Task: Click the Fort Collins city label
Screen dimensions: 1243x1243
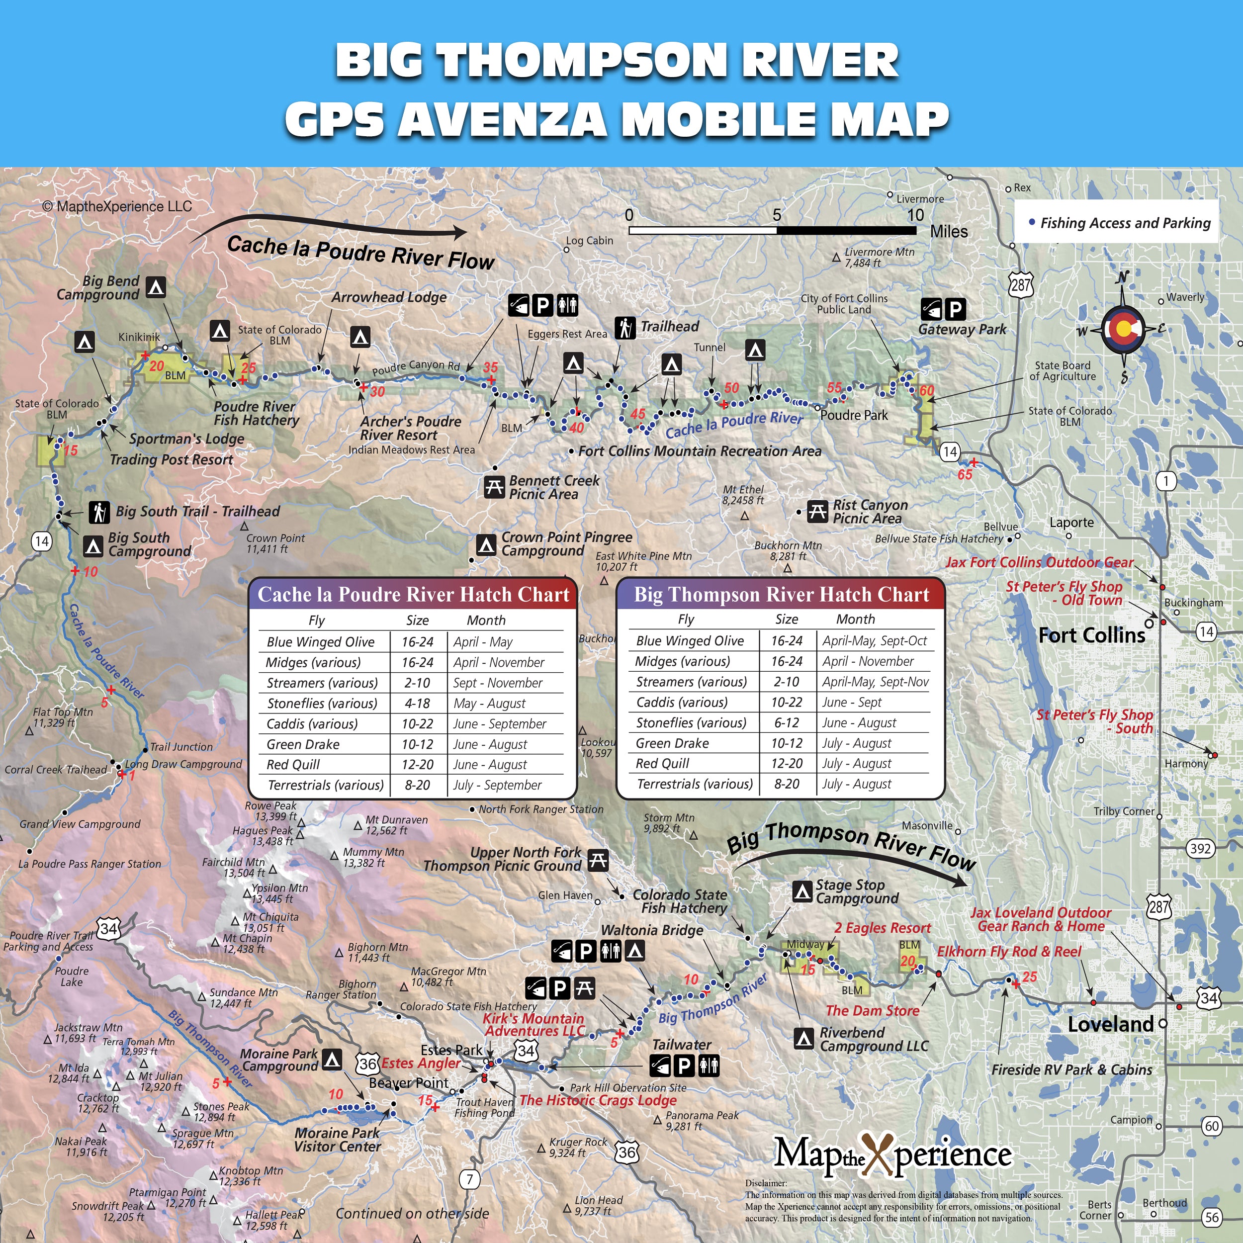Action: pyautogui.click(x=1092, y=635)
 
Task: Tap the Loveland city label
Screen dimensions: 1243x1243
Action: pyautogui.click(x=1110, y=1024)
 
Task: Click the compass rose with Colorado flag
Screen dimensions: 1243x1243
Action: pyautogui.click(x=1123, y=329)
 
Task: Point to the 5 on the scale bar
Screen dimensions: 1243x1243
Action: pyautogui.click(x=777, y=215)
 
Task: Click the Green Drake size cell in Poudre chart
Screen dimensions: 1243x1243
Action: pyautogui.click(x=417, y=744)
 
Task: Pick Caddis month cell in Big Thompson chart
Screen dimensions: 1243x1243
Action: pyautogui.click(x=851, y=703)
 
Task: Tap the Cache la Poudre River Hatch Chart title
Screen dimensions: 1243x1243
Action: pyautogui.click(x=413, y=595)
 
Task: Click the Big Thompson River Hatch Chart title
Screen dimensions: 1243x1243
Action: pyautogui.click(x=781, y=595)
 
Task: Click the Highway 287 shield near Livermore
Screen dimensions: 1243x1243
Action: pyautogui.click(x=1020, y=284)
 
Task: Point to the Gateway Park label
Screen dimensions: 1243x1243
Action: pyautogui.click(x=962, y=330)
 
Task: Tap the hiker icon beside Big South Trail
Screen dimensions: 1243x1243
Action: pyautogui.click(x=99, y=512)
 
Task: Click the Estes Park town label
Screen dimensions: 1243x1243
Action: pyautogui.click(x=451, y=1050)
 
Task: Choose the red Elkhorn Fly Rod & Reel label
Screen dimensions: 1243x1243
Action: pyautogui.click(x=1009, y=952)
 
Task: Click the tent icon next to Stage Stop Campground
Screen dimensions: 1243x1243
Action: pyautogui.click(x=801, y=891)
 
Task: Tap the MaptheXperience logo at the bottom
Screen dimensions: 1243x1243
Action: pyautogui.click(x=892, y=1155)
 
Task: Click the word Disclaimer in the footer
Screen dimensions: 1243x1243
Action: pyautogui.click(x=766, y=1182)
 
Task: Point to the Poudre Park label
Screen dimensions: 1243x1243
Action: pyautogui.click(x=854, y=416)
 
